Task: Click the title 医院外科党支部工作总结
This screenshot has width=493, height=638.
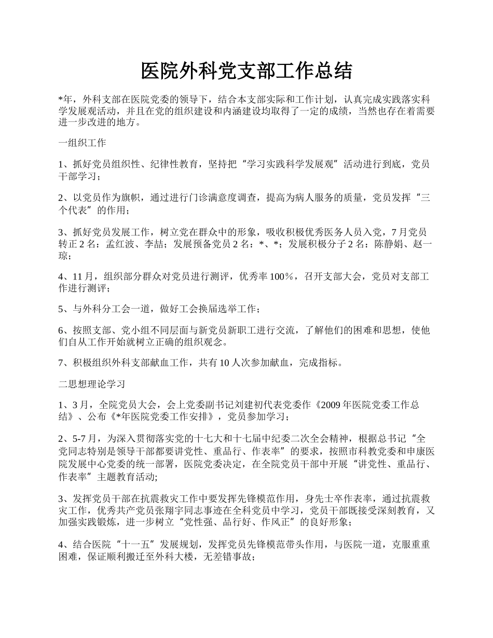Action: point(246,72)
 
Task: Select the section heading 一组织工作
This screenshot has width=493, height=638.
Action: point(83,143)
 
